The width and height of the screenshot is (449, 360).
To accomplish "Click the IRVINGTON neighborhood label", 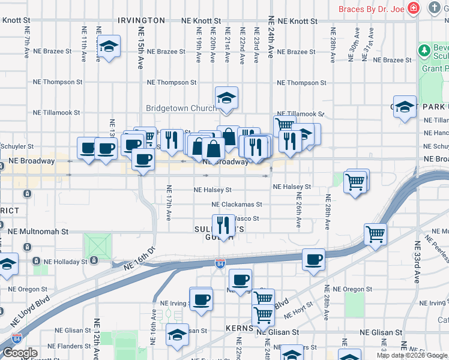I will (141, 20).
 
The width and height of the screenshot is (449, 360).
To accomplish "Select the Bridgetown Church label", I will (181, 109).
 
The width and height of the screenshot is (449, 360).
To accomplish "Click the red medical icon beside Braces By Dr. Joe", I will (413, 8).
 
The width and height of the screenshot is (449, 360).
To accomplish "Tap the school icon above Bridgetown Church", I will (226, 97).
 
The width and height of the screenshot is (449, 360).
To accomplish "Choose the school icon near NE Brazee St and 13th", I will (109, 46).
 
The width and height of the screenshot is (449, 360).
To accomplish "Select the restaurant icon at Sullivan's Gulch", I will (223, 225).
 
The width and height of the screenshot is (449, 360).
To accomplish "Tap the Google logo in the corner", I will (20, 353).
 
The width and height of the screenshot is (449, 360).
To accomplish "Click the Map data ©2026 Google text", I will (412, 355).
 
